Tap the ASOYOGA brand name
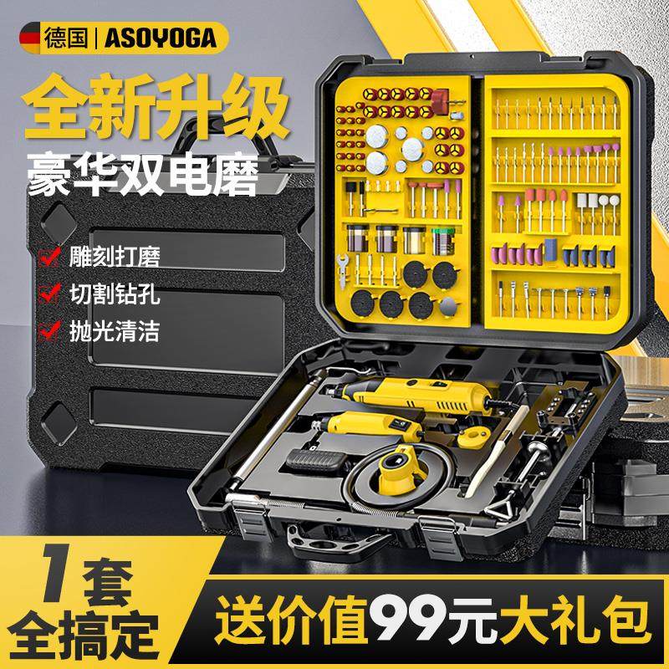pos(159,38)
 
